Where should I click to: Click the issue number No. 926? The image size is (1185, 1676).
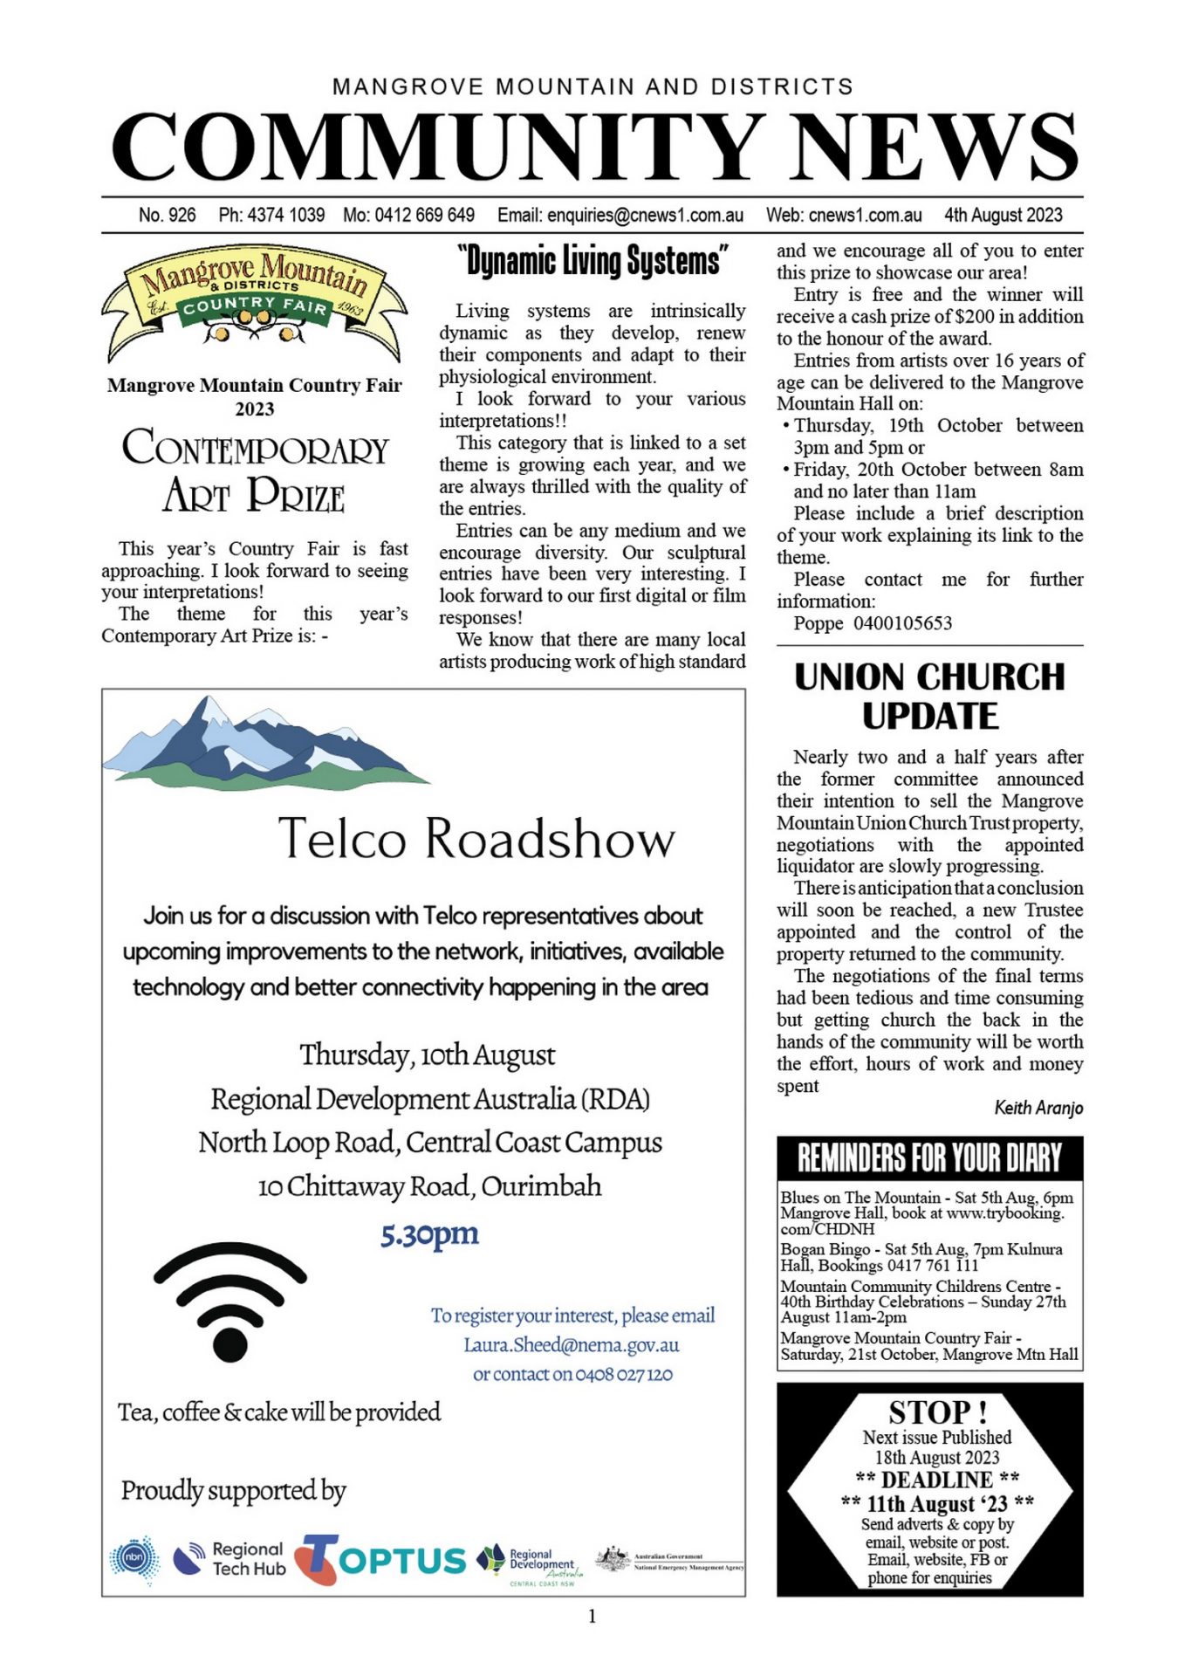click(x=167, y=215)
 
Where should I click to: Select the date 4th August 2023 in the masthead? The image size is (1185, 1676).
click(x=1003, y=215)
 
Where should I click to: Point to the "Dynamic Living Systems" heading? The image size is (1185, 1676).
click(x=592, y=261)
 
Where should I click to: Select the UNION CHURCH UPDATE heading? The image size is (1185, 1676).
click(x=929, y=696)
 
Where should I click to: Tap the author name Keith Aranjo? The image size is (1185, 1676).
click(x=1038, y=1108)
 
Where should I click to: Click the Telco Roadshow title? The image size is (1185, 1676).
click(x=476, y=839)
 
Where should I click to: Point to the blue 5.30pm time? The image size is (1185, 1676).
click(x=429, y=1234)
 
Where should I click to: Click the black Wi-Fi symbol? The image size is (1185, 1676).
click(x=230, y=1301)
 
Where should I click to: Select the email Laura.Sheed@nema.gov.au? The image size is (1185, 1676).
click(x=572, y=1345)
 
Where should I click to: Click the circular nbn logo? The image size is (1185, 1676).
click(x=134, y=1559)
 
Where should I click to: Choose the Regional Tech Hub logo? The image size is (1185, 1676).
click(x=229, y=1559)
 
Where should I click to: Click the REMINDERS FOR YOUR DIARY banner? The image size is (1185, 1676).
click(x=929, y=1158)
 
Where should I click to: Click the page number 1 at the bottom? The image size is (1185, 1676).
click(x=592, y=1617)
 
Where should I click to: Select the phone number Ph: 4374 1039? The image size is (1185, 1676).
click(x=271, y=215)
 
